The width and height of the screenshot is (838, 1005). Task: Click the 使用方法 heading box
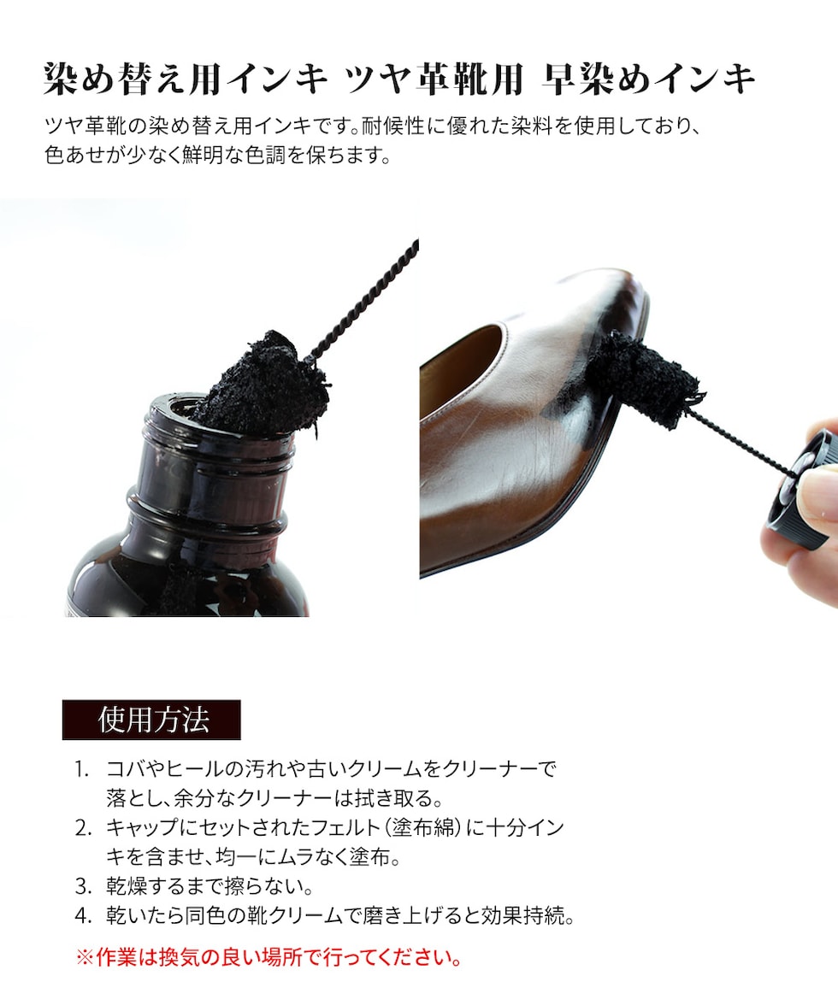point(151,720)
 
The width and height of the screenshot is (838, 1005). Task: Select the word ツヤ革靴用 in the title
point(434,79)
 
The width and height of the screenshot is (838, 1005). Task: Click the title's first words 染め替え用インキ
point(186,79)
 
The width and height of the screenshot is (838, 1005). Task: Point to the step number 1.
point(81,769)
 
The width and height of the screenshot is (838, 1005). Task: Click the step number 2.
point(83,828)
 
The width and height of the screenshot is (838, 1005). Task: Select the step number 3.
point(83,886)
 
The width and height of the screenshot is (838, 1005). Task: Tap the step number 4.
point(83,916)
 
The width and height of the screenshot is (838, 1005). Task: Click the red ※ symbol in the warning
point(85,957)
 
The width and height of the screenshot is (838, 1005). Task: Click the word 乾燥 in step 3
point(127,886)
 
